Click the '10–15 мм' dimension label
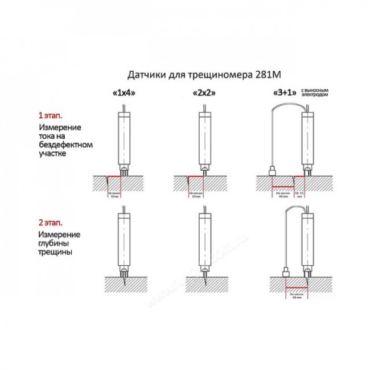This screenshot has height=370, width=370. [299, 194]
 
